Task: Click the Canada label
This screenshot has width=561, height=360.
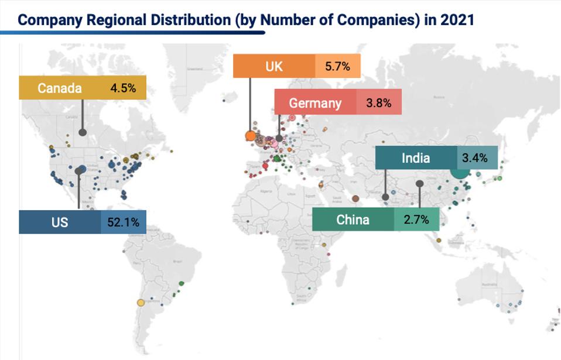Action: click(x=59, y=88)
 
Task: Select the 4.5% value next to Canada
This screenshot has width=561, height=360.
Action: click(x=123, y=88)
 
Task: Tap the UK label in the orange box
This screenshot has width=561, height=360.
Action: click(x=273, y=66)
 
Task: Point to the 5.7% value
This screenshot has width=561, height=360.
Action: click(x=337, y=66)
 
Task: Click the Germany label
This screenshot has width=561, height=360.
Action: click(x=315, y=102)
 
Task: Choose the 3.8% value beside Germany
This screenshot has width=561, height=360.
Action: click(x=378, y=102)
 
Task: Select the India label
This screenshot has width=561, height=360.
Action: click(x=416, y=158)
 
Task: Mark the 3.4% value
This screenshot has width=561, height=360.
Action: click(x=474, y=158)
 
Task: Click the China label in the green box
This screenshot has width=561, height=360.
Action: click(x=353, y=220)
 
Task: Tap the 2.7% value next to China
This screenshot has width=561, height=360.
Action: click(x=416, y=220)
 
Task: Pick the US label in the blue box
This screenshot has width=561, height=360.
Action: click(x=59, y=222)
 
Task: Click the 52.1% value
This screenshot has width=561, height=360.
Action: click(x=123, y=222)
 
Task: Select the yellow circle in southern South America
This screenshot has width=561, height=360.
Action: click(x=141, y=303)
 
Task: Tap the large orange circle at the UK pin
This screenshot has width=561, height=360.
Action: click(x=251, y=136)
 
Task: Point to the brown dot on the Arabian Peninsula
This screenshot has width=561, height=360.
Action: click(x=355, y=199)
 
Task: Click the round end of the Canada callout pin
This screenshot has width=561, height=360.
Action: click(x=83, y=132)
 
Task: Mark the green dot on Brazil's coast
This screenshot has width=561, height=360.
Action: click(x=182, y=283)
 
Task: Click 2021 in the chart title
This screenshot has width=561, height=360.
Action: click(x=457, y=19)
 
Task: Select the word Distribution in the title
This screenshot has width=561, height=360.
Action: click(x=189, y=19)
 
